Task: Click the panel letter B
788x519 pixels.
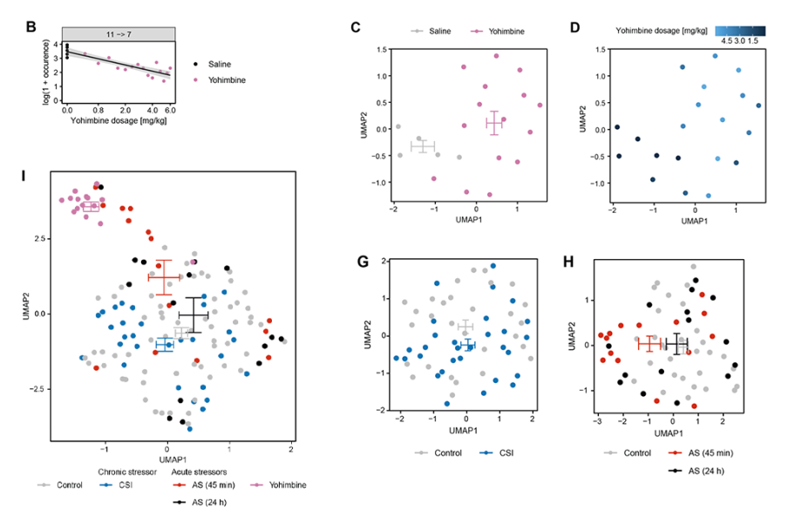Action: click(x=31, y=27)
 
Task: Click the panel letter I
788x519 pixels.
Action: click(x=25, y=178)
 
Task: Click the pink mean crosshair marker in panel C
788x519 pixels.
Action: click(x=494, y=123)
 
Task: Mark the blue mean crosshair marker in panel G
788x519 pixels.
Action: click(x=466, y=345)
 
